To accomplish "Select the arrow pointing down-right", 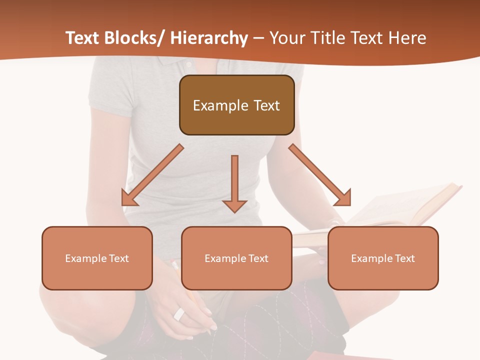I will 320,175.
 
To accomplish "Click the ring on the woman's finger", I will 179,314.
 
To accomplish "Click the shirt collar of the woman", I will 175,63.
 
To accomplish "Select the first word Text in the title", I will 83,38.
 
